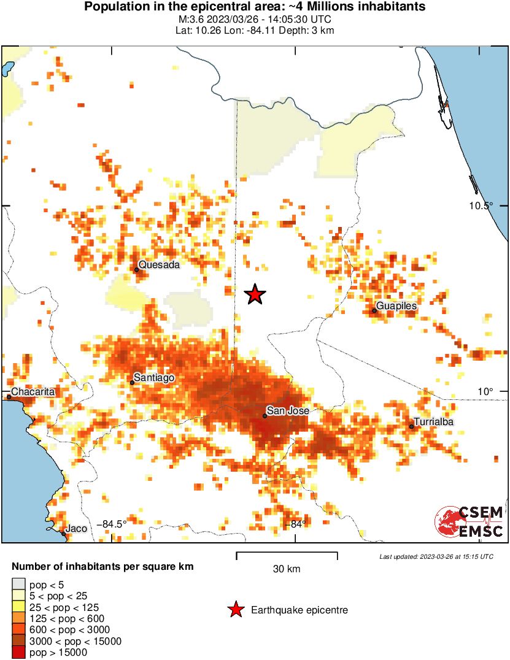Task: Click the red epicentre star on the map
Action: click(x=255, y=295)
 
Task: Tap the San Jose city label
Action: click(x=287, y=411)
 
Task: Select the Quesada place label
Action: click(x=159, y=265)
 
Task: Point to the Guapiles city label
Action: click(x=396, y=306)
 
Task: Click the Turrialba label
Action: click(x=433, y=422)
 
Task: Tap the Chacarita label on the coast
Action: click(x=34, y=391)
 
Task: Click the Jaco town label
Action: click(x=76, y=528)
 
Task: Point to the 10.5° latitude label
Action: click(x=482, y=206)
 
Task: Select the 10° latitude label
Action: click(x=485, y=391)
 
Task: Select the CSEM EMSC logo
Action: click(x=469, y=522)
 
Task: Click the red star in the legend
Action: click(x=235, y=610)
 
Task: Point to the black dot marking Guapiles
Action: click(x=374, y=310)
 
